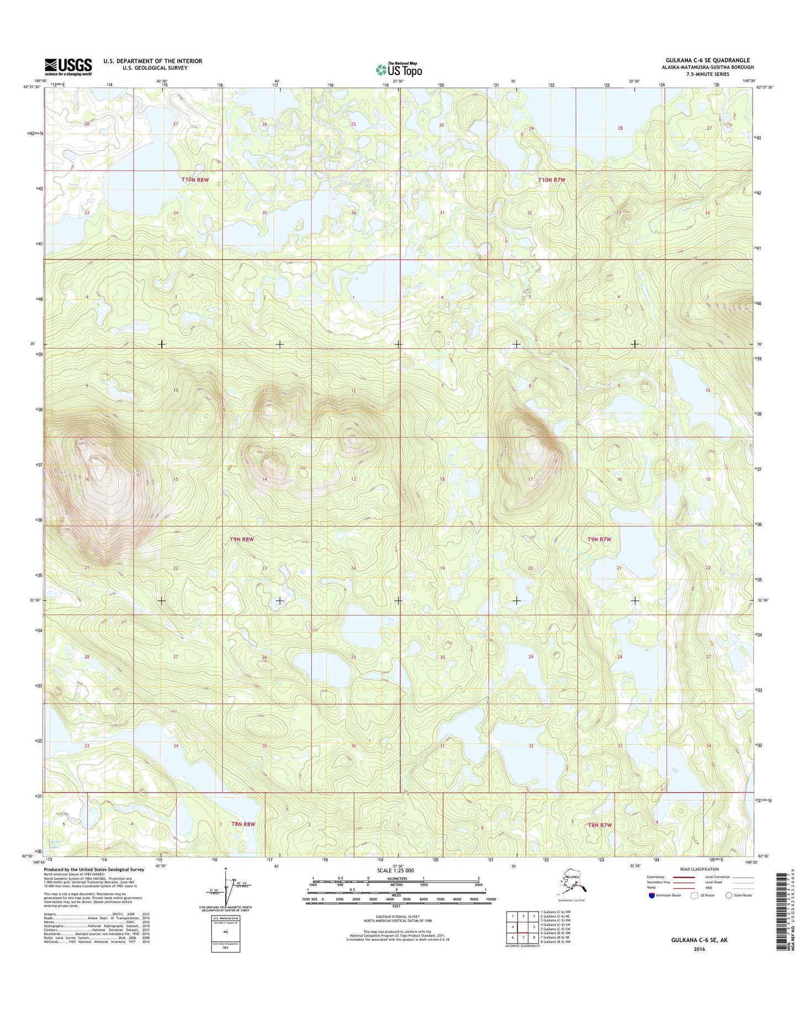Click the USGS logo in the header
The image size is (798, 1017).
(68, 67)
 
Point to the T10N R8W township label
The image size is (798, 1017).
(195, 179)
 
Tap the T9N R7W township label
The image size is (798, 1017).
(599, 539)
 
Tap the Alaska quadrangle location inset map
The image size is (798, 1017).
(574, 886)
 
